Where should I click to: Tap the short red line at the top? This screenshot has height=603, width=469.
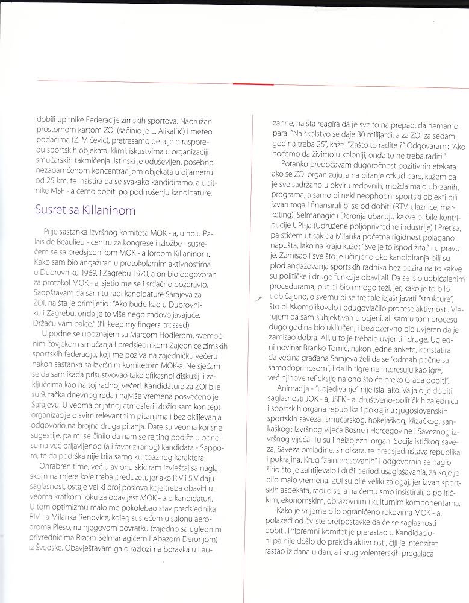253,83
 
